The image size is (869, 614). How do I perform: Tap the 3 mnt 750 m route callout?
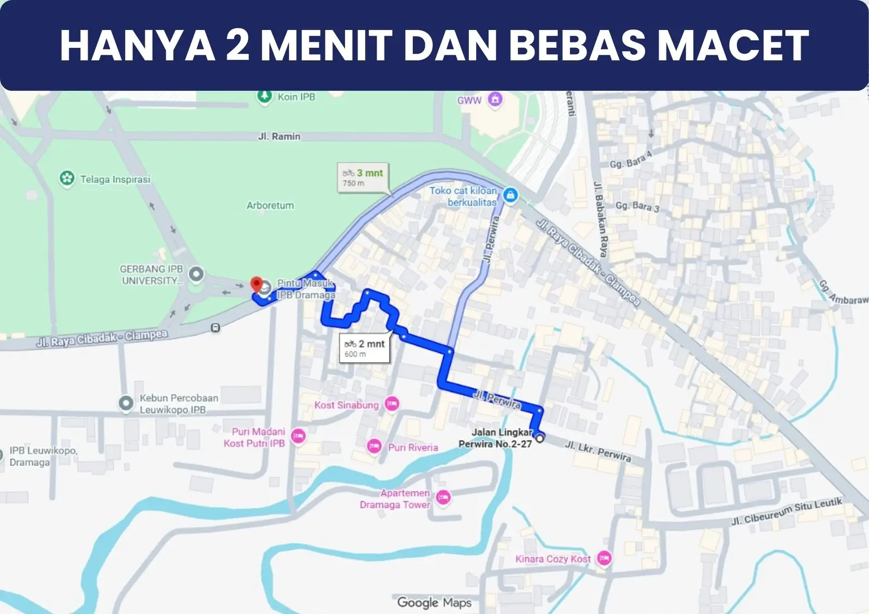(363, 178)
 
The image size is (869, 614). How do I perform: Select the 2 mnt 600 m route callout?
(365, 349)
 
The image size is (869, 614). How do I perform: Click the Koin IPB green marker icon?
(265, 97)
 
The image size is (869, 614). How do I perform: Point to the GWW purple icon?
(495, 99)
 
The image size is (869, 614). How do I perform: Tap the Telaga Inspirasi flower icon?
(67, 179)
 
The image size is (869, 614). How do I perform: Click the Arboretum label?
(270, 206)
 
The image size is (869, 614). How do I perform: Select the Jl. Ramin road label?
(279, 136)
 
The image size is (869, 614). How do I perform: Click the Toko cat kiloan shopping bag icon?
(510, 195)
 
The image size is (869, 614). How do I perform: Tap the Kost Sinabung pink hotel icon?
(392, 404)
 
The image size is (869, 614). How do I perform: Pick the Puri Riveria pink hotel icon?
(374, 447)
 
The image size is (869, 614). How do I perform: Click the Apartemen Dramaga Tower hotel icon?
(443, 497)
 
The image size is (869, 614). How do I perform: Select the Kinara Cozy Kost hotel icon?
(604, 558)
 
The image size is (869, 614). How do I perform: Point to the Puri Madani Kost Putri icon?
(298, 436)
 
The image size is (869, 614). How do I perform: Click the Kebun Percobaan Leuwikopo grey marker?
(126, 403)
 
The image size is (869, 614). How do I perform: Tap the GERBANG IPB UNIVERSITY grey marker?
(196, 274)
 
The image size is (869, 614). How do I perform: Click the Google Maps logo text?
(434, 603)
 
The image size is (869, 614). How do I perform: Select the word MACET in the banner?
(733, 46)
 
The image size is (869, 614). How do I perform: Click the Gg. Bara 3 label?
(637, 207)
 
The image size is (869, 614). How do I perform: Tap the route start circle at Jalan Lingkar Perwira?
(540, 438)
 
